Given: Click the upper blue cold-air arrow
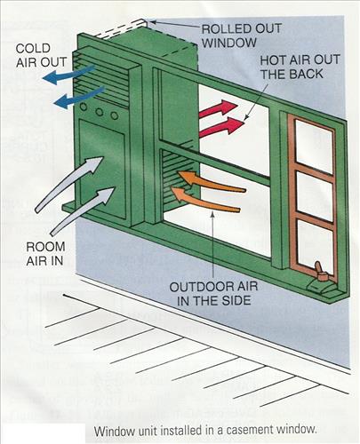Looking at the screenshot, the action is coord(68,75).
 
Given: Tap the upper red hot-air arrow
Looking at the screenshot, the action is coord(219,109).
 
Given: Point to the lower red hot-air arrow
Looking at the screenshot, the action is coord(222,126).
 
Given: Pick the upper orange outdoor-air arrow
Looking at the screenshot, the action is coord(211,181).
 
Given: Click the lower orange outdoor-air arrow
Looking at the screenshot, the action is coord(205,200).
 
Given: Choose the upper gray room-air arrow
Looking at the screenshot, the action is coord(68,184).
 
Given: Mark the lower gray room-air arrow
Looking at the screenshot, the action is coord(83,210).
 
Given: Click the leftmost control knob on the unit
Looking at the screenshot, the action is coord(84,107).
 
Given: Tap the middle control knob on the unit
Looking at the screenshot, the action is coord(100,112).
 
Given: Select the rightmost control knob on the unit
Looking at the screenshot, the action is coord(115,115).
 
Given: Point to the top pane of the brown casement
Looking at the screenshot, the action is coord(314,147).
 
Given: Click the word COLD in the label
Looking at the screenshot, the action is coord(33,49).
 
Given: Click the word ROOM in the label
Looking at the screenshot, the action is coord(45,247).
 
